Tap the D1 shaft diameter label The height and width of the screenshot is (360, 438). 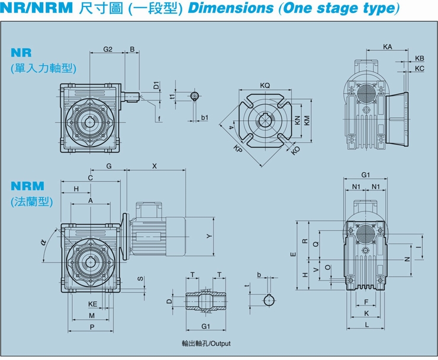coord(156,85)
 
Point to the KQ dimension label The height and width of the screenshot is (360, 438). coord(265,85)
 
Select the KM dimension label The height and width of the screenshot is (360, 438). coord(307,120)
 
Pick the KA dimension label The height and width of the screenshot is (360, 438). coord(387,46)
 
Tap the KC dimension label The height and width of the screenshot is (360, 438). coord(420,69)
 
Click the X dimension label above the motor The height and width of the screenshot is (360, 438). coord(154,166)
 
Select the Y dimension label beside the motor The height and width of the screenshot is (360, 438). coord(208,236)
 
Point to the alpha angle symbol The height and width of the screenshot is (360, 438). coord(44,242)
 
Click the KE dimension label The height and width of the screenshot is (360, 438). coord(92,304)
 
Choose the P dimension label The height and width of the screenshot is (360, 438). coord(92,327)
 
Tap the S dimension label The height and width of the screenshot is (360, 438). coord(140,278)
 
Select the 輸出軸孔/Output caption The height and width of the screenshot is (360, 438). coord(206,343)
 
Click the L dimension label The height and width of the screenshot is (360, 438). coord(367,325)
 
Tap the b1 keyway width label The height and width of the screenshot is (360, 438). coord(204,118)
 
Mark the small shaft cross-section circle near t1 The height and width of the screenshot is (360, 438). coord(195,95)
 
